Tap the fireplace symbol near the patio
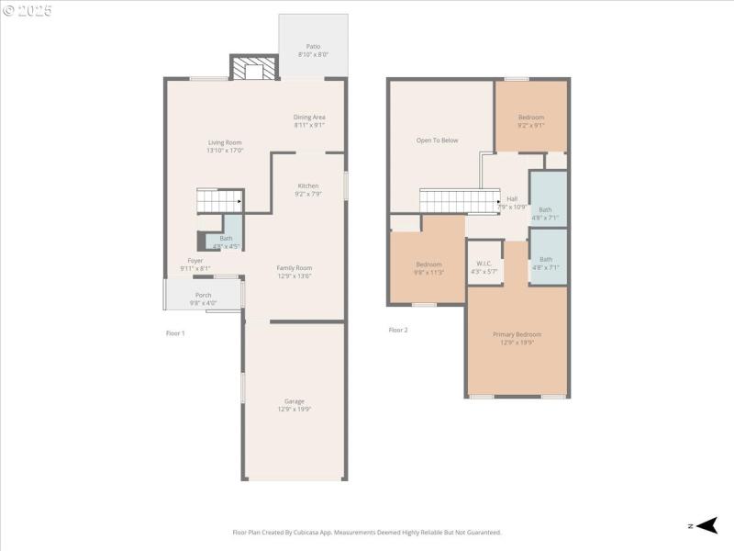click(253, 69)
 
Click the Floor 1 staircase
click(219, 200)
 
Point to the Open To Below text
click(437, 141)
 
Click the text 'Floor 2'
click(397, 330)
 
